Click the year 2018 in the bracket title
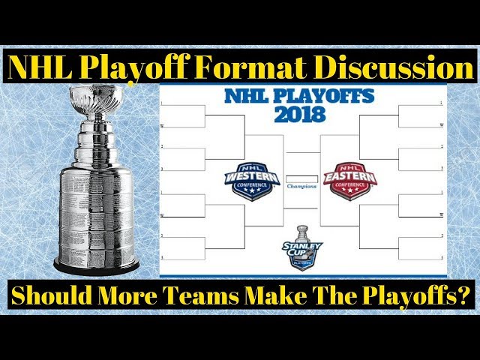(x=299, y=115)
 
